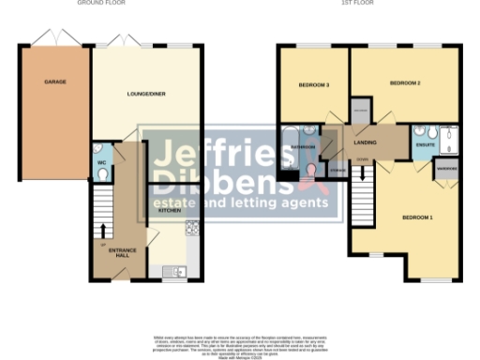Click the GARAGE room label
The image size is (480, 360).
(x=54, y=82)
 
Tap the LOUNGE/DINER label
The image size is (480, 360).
(x=145, y=94)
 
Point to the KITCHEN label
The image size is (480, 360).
(x=169, y=211)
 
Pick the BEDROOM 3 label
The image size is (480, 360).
(x=314, y=85)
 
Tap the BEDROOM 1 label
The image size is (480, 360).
(x=418, y=217)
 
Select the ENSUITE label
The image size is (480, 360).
(x=424, y=145)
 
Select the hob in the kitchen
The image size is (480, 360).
(x=191, y=227)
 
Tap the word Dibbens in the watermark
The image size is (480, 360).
(x=211, y=178)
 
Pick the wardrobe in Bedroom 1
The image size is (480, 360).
(x=444, y=170)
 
